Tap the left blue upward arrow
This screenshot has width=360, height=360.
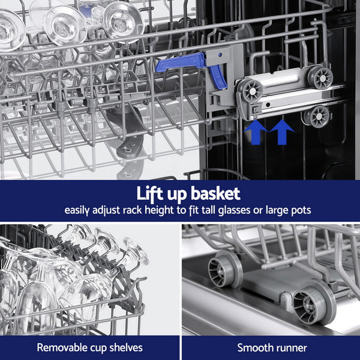[256, 131]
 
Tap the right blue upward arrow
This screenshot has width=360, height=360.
[282, 131]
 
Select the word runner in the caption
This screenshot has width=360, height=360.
[290, 347]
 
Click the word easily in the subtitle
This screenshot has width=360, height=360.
[78, 211]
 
